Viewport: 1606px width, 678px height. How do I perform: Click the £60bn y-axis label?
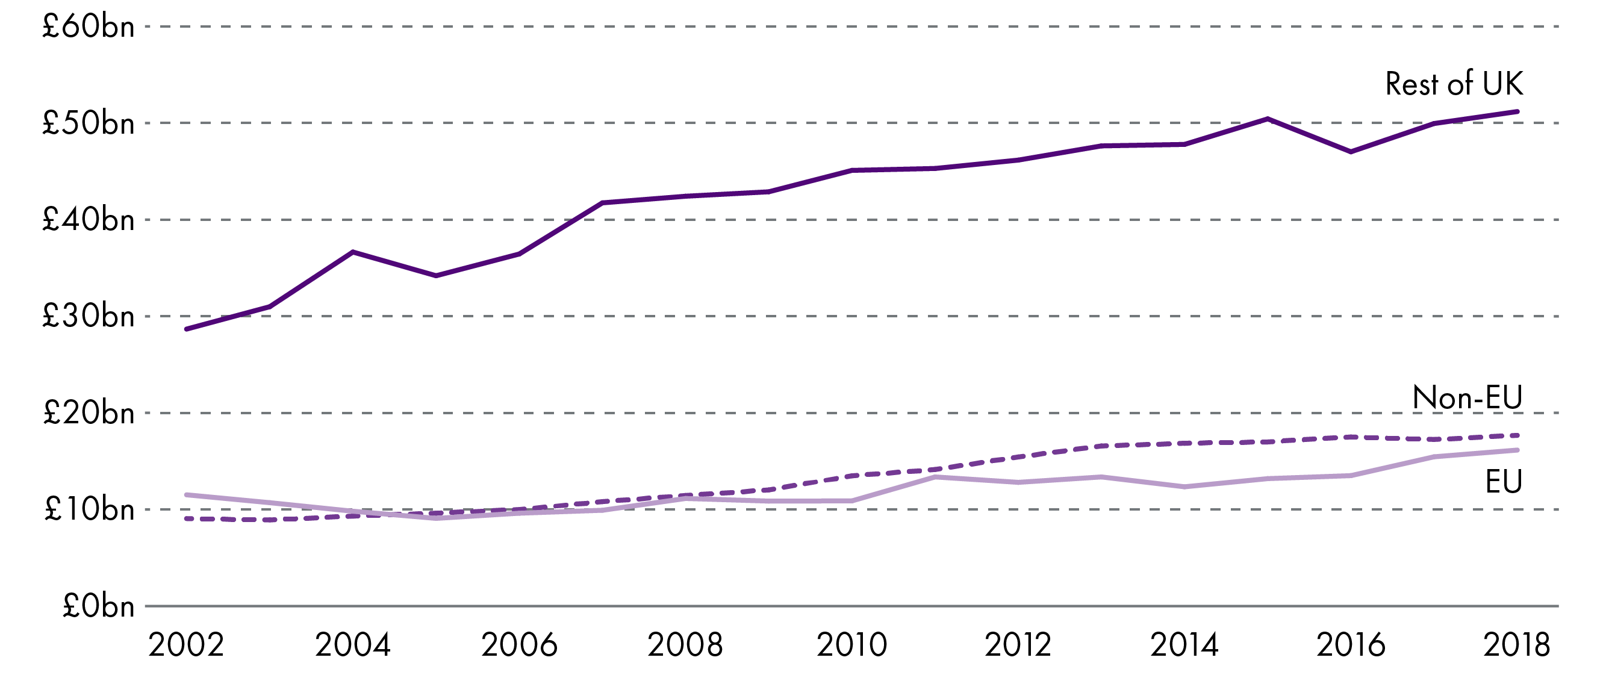(88, 27)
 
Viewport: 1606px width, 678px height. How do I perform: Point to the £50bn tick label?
(88, 123)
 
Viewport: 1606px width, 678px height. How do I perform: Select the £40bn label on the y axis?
(88, 220)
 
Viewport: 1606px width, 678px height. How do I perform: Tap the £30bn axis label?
(88, 317)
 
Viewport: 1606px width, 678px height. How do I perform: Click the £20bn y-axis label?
(88, 413)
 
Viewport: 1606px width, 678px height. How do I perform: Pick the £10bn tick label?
(88, 510)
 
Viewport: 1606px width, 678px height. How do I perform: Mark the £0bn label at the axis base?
(98, 606)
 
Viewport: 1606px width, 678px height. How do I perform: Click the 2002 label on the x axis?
(186, 645)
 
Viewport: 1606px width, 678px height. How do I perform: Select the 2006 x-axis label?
(518, 645)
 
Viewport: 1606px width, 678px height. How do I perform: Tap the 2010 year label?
(851, 645)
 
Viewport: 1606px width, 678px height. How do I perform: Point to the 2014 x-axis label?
(1184, 645)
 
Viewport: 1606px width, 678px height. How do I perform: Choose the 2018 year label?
(1516, 645)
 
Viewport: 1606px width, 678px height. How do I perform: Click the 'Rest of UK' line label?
(1453, 84)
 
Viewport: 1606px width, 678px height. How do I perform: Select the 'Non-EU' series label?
(1467, 397)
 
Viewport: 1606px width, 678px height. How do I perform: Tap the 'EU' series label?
(1503, 482)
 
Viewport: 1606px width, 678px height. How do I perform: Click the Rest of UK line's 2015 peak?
(1268, 119)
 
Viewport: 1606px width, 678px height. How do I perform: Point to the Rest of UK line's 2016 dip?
(1351, 151)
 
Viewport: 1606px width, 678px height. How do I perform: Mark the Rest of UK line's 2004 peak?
(353, 252)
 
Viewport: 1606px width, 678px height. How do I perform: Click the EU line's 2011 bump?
(935, 477)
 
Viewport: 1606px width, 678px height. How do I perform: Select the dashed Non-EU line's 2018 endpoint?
(1516, 435)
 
